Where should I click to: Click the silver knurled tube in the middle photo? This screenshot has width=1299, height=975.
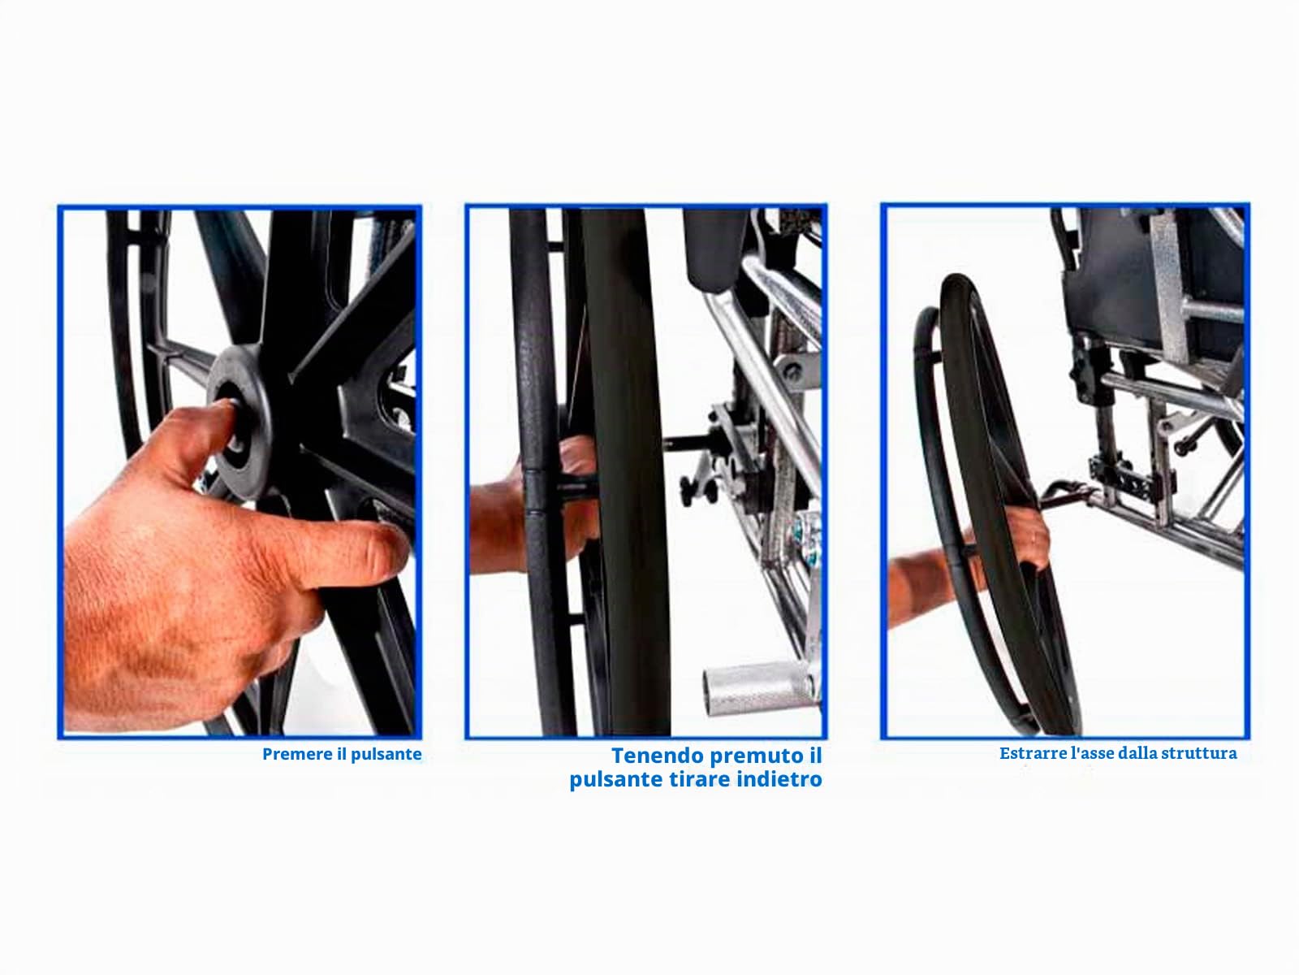pos(757,690)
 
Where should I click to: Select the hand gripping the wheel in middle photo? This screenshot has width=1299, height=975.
pos(533,515)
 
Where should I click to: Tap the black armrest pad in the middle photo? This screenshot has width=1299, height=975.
pos(715,249)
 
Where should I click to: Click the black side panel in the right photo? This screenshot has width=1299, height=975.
pos(1112,278)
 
